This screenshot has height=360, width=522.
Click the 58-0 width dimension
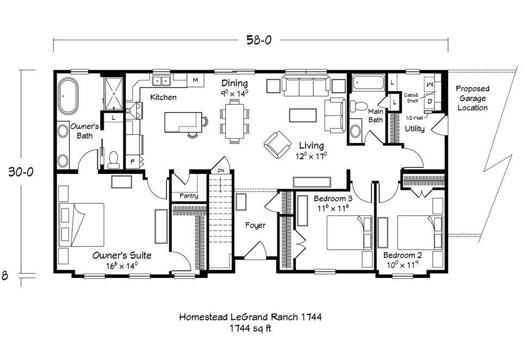pos(259,40)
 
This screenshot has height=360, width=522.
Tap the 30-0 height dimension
pos(21,172)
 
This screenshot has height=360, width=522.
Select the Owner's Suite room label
pos(122,256)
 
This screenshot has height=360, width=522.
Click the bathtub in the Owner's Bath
pos(69,96)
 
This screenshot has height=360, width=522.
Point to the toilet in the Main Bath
pos(358,107)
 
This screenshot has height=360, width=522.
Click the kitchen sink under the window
pos(161,80)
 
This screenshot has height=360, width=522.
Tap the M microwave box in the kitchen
pos(195,80)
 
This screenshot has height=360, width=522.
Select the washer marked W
pos(430,85)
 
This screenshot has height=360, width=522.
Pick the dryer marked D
pos(430,101)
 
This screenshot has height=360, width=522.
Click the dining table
pos(234,121)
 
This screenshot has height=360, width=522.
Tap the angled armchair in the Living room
pos(277,145)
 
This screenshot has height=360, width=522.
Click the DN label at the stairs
pos(221,171)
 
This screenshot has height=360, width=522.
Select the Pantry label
pos(189,196)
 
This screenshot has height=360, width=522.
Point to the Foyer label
pos(256,225)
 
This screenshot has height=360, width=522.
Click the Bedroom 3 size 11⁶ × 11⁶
pos(333,208)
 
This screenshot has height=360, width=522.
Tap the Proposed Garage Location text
pos(473,98)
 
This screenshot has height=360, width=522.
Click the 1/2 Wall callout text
pos(414,118)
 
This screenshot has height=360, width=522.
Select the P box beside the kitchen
pos(133,162)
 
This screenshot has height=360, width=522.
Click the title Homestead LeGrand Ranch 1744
pos(250,316)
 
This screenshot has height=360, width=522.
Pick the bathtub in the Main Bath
pos(368,82)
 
